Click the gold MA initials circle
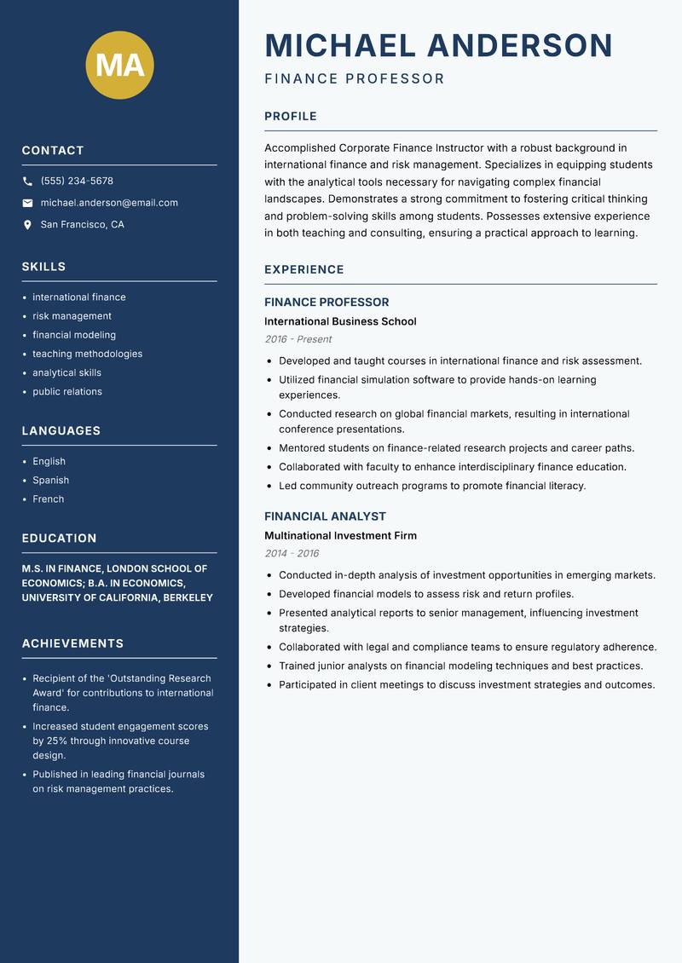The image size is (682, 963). click(119, 65)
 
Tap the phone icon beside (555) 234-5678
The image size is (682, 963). click(27, 182)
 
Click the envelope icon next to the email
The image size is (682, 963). click(27, 203)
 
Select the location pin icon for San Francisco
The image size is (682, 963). click(27, 225)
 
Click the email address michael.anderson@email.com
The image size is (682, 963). click(109, 203)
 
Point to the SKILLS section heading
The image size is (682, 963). click(43, 267)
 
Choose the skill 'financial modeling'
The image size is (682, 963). click(74, 335)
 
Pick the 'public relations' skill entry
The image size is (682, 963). click(67, 392)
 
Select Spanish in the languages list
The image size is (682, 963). click(50, 481)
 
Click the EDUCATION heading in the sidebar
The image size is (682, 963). click(59, 539)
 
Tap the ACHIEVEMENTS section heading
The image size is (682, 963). click(72, 643)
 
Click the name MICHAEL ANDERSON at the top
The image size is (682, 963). click(438, 45)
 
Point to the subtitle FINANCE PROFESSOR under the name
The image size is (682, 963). click(355, 79)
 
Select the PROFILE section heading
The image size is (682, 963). click(290, 117)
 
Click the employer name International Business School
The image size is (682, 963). click(340, 321)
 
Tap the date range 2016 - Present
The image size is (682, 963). click(298, 339)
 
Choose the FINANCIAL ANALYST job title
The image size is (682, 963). click(325, 516)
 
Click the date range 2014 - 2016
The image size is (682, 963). click(292, 554)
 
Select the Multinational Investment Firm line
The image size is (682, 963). click(340, 536)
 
